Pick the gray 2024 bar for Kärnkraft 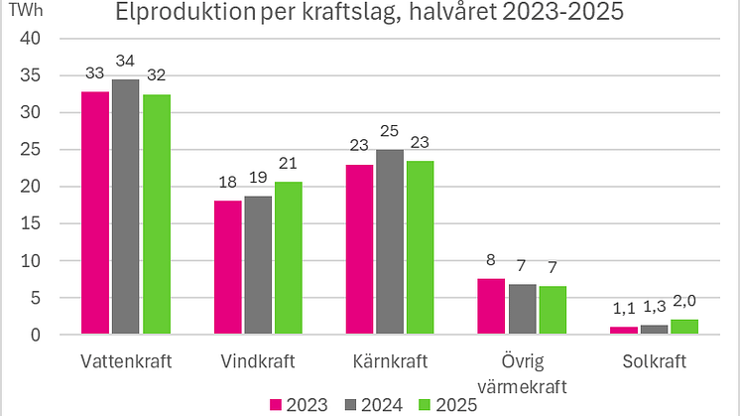(x=390, y=242)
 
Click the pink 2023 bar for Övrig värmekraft (x=491, y=307)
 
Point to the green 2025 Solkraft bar (x=684, y=328)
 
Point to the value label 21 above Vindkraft (x=289, y=165)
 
